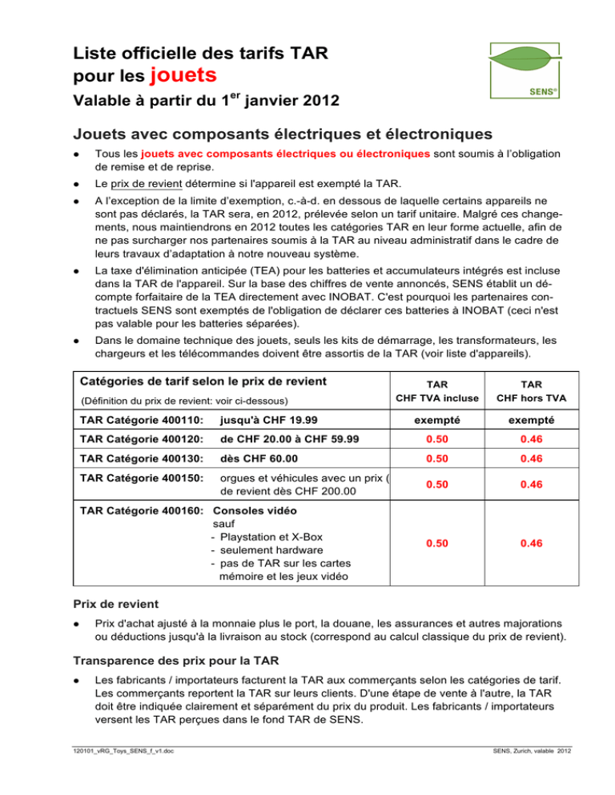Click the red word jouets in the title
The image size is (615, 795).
click(184, 75)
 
